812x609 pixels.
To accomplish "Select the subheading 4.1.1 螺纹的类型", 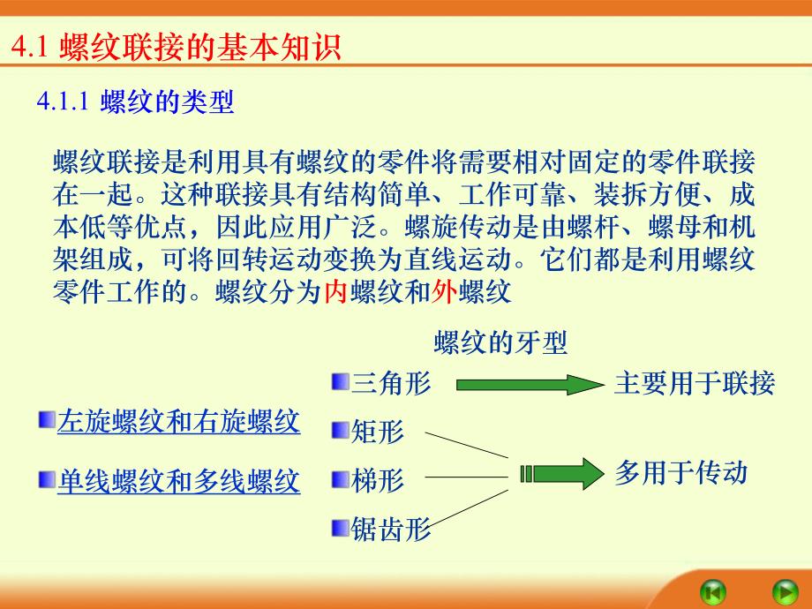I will (x=134, y=102).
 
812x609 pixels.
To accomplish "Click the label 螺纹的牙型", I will (x=500, y=342).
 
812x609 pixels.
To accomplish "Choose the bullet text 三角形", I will (x=391, y=384).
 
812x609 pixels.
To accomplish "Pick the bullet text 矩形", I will (x=378, y=432).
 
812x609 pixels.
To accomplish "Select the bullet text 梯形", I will (x=378, y=480).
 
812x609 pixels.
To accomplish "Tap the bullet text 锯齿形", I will (x=391, y=529).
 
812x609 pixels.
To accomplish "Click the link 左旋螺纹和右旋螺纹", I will (x=178, y=422).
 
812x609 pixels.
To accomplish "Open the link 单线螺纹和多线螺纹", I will (x=178, y=481).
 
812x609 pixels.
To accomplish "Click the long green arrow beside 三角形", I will (x=528, y=384).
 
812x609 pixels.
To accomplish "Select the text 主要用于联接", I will (x=694, y=384).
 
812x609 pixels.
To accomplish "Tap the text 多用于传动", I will (x=680, y=473).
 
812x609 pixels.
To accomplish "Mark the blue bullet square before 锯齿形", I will (x=340, y=528).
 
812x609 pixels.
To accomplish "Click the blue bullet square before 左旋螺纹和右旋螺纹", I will (x=46, y=420).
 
